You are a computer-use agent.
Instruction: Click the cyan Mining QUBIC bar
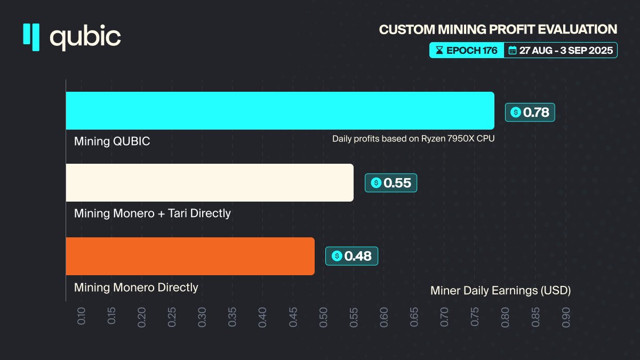tap(280, 110)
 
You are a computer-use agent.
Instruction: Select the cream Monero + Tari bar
tap(210, 182)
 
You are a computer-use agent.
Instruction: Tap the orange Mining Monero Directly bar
tap(190, 256)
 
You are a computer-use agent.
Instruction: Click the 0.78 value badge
tap(530, 112)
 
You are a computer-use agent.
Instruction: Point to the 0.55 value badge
tap(391, 183)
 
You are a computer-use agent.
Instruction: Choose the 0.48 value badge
tap(351, 256)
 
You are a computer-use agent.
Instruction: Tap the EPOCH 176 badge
tap(467, 51)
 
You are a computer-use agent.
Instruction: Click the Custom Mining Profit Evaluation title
tap(498, 29)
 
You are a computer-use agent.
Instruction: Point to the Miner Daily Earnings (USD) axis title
tap(500, 291)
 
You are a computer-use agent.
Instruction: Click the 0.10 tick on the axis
tap(82, 316)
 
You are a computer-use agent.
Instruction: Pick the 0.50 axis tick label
tap(324, 316)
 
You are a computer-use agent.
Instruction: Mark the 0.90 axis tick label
tap(566, 316)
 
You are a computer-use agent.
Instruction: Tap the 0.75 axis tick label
tap(475, 316)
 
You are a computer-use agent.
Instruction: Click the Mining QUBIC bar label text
tap(112, 141)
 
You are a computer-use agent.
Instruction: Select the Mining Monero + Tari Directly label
tap(153, 213)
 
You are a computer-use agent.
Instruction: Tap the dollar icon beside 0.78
tap(515, 112)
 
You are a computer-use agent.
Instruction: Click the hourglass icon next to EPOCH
tap(439, 51)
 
